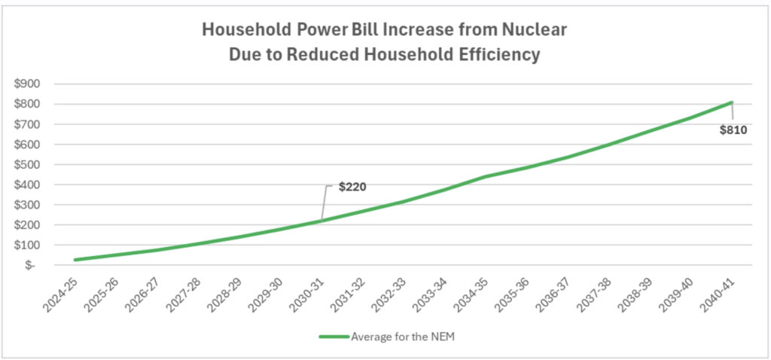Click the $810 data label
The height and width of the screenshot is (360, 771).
(732, 130)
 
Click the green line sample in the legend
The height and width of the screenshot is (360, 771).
(334, 337)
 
